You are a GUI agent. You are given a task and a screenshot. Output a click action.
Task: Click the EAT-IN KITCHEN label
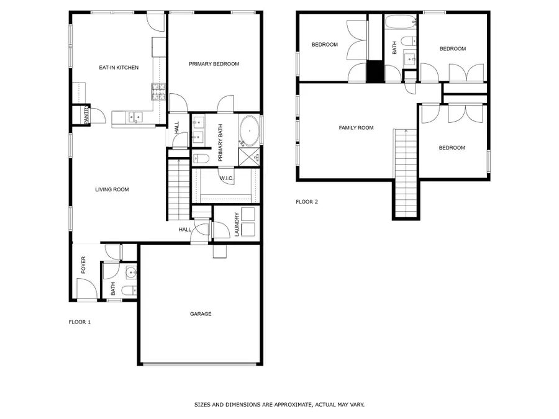[119, 68]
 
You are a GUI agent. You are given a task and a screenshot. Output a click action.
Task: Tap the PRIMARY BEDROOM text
[214, 64]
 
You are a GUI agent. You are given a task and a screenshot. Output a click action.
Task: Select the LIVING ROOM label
[112, 189]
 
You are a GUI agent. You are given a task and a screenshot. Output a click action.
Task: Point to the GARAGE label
[201, 314]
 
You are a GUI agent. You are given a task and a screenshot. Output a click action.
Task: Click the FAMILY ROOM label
[356, 128]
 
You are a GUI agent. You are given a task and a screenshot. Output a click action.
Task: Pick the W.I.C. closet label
[226, 179]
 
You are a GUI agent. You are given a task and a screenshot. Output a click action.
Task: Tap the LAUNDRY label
[237, 224]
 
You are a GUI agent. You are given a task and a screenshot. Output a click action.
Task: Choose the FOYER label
[83, 265]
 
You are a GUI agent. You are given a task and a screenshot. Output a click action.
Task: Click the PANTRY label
[86, 115]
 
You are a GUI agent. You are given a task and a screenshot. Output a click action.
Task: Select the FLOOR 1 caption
[80, 322]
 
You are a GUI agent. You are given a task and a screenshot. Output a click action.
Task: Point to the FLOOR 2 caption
[306, 202]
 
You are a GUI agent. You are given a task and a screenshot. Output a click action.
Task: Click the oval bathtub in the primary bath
[249, 132]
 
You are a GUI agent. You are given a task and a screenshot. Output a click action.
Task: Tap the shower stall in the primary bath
[249, 156]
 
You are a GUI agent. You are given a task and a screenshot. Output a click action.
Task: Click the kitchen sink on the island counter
[134, 116]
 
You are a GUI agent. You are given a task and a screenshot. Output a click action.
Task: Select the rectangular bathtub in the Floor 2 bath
[401, 24]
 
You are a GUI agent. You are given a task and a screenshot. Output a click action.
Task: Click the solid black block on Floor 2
[375, 71]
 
